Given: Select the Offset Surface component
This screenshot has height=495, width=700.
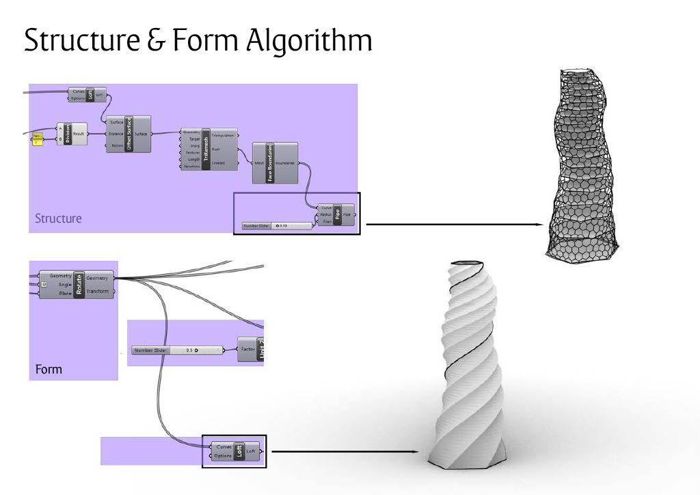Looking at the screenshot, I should click(128, 134).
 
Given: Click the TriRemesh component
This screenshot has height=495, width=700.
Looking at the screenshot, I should click(206, 149).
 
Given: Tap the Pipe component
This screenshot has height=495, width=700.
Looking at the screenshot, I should click(337, 215).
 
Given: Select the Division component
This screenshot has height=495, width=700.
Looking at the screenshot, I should click(68, 135).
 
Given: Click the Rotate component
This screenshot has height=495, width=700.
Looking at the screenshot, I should click(80, 284).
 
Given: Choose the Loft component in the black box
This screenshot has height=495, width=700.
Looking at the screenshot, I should click(239, 451).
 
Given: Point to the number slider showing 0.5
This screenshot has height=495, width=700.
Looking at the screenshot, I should click(177, 350).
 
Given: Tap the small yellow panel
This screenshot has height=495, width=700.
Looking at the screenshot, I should click(38, 139).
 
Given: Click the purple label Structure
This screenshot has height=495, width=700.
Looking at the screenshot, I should click(58, 219).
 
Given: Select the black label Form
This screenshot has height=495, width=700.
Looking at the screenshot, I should click(49, 369).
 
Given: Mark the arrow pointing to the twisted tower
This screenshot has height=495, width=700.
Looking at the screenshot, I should click(345, 451).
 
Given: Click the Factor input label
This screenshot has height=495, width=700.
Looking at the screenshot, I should click(248, 350).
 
